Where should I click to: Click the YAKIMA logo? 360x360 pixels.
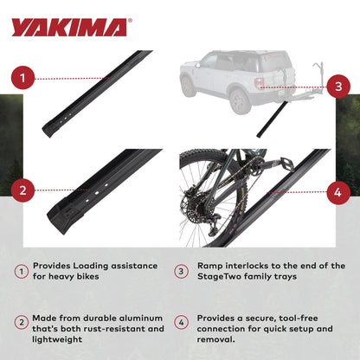click(x=69, y=27)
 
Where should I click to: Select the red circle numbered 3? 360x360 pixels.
click(x=338, y=86)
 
